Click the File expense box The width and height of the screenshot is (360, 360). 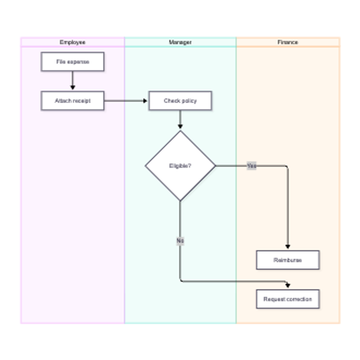tap(73, 62)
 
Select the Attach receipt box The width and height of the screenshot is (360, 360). tap(73, 101)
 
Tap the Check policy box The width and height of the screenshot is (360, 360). tap(180, 101)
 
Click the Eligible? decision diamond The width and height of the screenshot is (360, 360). tap(180, 166)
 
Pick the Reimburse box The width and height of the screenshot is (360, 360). tap(287, 260)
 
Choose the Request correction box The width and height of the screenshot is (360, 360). tap(287, 299)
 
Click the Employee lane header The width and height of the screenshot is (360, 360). tap(73, 42)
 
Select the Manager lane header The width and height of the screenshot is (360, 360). tap(180, 42)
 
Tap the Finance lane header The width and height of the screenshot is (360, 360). tap(288, 42)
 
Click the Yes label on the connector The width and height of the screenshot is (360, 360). tap(251, 166)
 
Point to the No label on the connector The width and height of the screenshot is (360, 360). tap(180, 241)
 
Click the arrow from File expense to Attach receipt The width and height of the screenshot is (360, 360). tap(73, 80)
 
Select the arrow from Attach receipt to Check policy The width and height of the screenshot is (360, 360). tap(125, 101)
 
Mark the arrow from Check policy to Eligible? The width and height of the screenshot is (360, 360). tap(180, 119)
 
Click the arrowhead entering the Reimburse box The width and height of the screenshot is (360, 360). tap(287, 247)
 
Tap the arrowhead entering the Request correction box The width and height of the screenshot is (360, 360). tap(287, 286)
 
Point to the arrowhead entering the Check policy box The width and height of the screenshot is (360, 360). tap(145, 101)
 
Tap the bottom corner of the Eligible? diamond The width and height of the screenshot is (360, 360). tap(180, 201)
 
